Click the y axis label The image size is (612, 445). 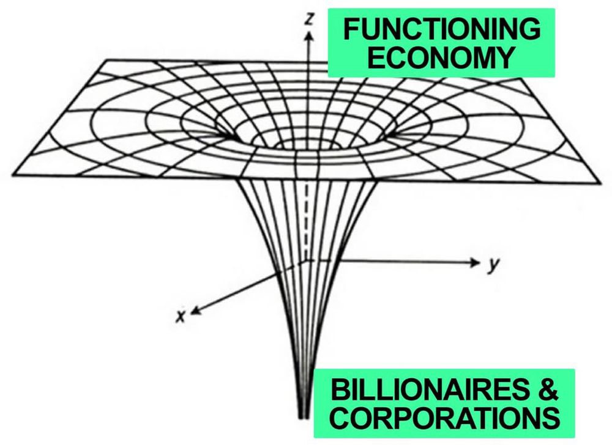click(x=491, y=267)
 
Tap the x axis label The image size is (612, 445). click(x=179, y=316)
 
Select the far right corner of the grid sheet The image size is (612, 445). click(x=600, y=182)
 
